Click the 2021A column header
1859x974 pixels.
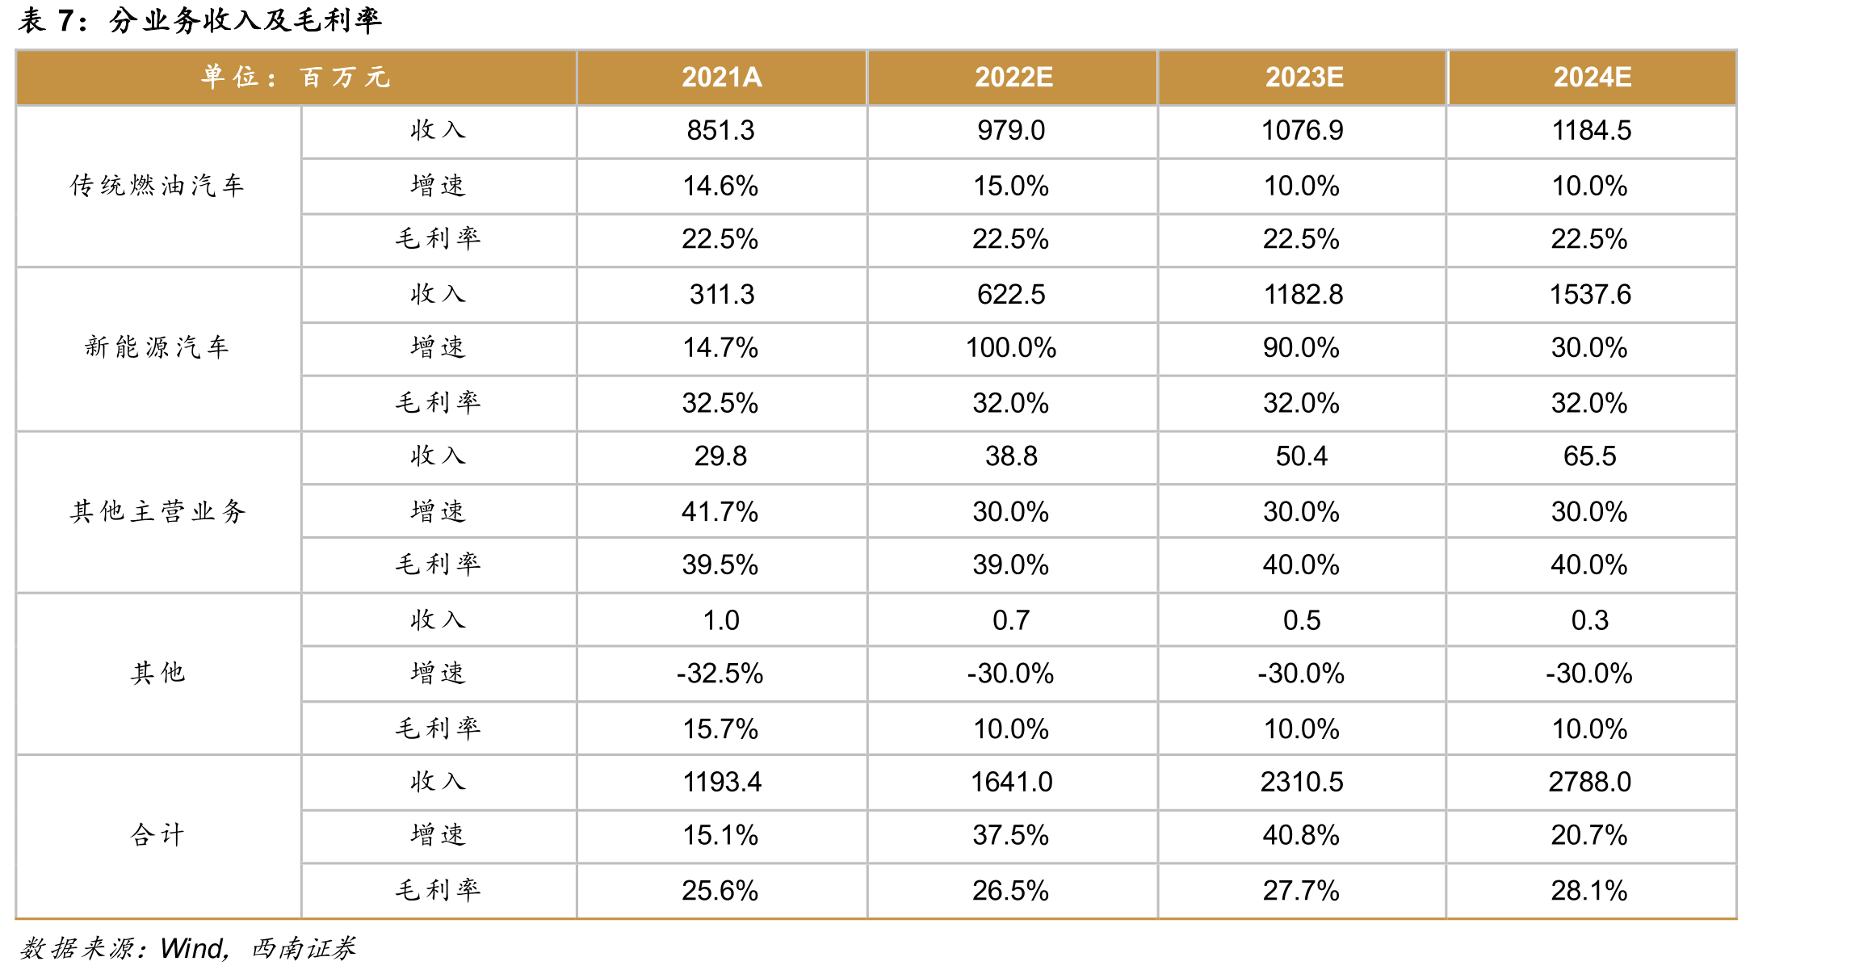(721, 78)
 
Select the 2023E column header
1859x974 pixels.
(1303, 78)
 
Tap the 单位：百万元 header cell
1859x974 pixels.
(296, 78)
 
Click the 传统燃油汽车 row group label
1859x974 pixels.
(157, 186)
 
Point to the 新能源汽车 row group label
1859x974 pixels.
(157, 347)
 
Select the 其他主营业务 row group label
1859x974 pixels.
(157, 511)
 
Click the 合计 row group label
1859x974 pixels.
(157, 834)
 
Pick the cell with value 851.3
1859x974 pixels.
(720, 131)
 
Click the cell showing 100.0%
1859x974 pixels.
(1011, 348)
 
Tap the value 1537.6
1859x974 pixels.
(1590, 295)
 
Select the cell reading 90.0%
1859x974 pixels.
(1301, 348)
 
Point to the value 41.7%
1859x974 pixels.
(720, 512)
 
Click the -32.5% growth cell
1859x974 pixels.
(720, 674)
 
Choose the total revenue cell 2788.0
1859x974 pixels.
(1590, 782)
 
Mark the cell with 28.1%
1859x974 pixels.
(1589, 891)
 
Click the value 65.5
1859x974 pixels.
(1590, 456)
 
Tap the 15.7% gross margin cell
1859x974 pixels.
(720, 729)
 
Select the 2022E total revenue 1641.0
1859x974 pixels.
(1011, 782)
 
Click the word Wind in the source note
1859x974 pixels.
(193, 948)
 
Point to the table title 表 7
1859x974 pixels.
(52, 20)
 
